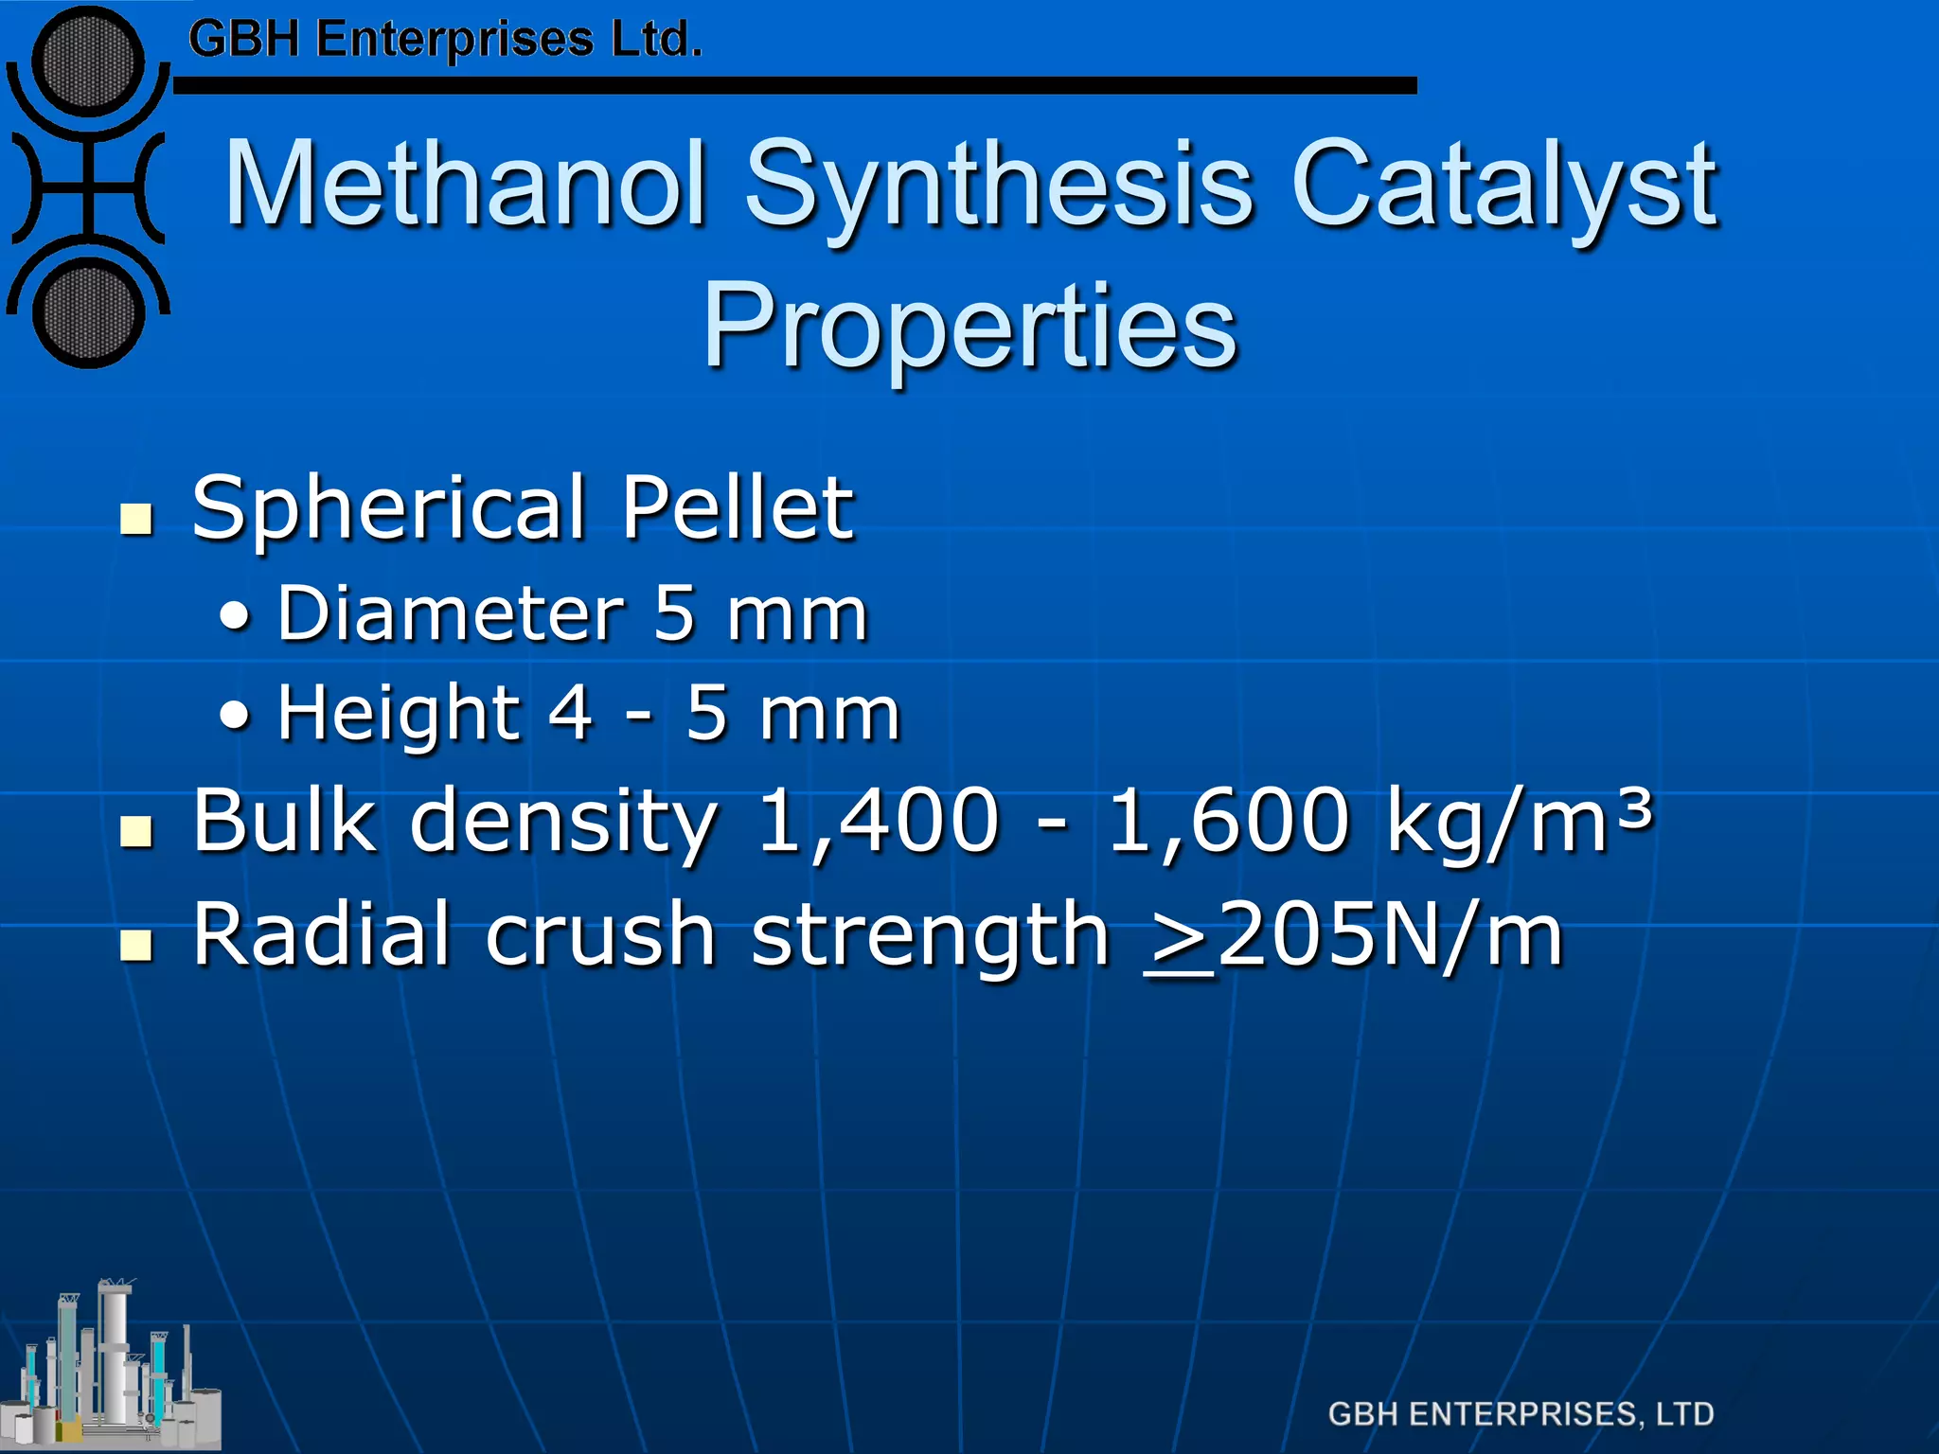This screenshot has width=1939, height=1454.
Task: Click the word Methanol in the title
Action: pos(466,184)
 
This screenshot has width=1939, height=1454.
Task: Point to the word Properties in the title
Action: pos(969,328)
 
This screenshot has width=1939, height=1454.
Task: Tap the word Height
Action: pos(398,714)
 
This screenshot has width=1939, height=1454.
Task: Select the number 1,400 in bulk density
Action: pos(879,820)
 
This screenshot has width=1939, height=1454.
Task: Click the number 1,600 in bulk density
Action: pos(1228,820)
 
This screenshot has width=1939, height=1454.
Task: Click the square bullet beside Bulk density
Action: pos(137,830)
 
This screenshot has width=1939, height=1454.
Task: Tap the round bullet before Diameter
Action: pos(236,618)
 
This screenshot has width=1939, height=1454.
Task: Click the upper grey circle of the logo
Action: pos(87,62)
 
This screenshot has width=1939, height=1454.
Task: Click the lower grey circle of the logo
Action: pos(87,312)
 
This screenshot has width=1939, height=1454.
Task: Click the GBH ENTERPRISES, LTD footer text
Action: pos(1521,1414)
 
